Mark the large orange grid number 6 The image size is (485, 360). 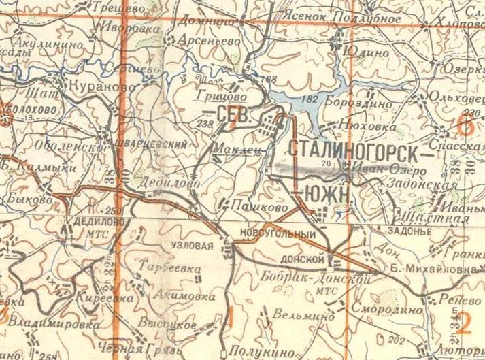click(465, 124)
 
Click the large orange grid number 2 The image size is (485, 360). click(465, 321)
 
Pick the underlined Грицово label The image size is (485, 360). click(202, 97)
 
